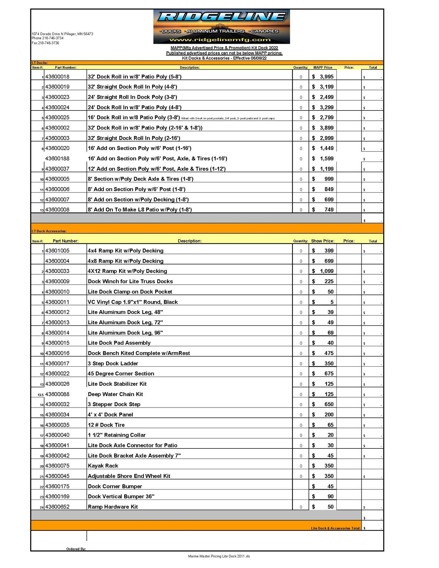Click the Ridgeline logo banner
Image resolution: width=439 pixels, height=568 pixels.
point(221,26)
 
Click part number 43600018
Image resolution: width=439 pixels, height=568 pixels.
point(57,77)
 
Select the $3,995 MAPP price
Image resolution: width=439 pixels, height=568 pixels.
point(323,77)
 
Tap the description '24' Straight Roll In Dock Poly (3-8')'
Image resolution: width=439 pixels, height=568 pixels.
point(132,97)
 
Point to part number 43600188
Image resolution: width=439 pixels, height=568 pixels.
point(57,158)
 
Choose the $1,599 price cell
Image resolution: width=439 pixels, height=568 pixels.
point(323,158)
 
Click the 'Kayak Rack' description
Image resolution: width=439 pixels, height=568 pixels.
point(103,466)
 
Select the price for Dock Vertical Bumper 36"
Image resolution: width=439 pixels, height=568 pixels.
point(323,496)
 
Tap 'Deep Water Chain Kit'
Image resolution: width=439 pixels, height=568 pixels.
point(115,394)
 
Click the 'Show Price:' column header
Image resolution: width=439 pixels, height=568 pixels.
point(323,241)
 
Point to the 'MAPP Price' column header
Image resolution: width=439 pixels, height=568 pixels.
point(323,68)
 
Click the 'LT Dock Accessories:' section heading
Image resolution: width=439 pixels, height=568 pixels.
point(49,231)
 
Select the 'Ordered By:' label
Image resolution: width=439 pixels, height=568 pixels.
point(76,549)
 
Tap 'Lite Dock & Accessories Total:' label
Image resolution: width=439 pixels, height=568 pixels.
point(336,528)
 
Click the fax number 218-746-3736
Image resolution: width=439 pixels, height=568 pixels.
point(45,43)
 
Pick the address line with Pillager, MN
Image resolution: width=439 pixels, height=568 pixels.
point(62,34)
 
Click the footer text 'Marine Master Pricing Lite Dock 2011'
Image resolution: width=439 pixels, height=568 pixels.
point(219,556)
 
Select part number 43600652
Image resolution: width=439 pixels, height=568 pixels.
point(57,507)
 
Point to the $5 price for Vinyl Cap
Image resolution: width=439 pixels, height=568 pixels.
point(323,302)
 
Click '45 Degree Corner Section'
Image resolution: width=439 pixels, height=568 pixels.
point(121,373)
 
